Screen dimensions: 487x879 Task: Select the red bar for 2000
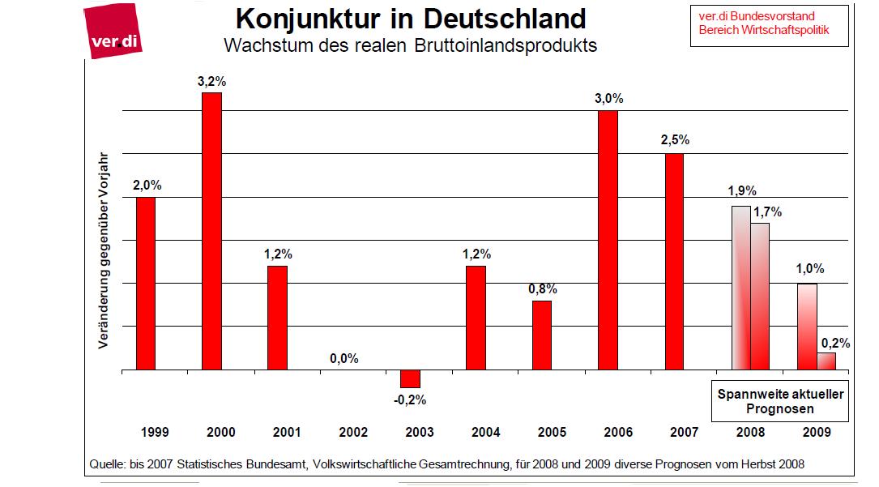tap(211, 231)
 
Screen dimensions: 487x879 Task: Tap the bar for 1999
tap(146, 284)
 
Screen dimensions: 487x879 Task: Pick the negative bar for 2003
tap(410, 378)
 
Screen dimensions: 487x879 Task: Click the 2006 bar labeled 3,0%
tap(608, 240)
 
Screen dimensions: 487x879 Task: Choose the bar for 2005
tap(542, 335)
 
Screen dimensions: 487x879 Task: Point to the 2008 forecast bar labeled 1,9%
tap(740, 288)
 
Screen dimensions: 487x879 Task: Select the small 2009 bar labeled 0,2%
tap(826, 361)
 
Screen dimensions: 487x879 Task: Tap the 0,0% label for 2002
tap(343, 358)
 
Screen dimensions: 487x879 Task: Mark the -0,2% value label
tap(410, 399)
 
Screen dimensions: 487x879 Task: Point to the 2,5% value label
tap(674, 140)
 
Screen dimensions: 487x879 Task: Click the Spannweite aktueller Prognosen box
tap(780, 401)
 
